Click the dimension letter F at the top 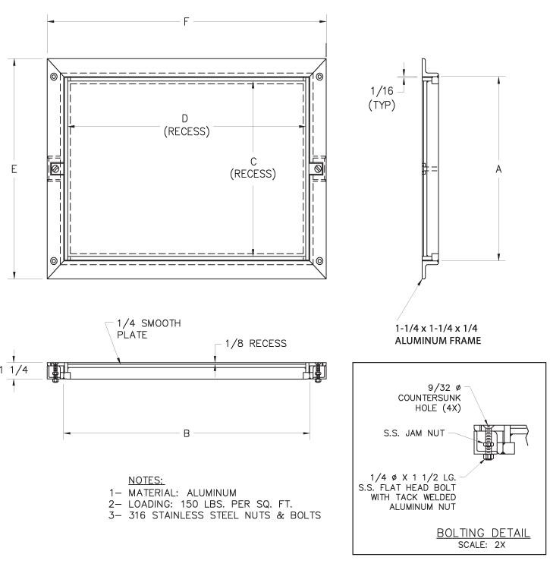(x=186, y=22)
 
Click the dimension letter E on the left (x=14, y=169)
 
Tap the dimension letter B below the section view (x=186, y=433)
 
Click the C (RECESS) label (x=253, y=168)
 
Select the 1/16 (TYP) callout (x=381, y=98)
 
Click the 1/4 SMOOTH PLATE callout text (x=148, y=328)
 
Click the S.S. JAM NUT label (x=417, y=433)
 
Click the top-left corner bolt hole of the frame (x=53, y=77)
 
